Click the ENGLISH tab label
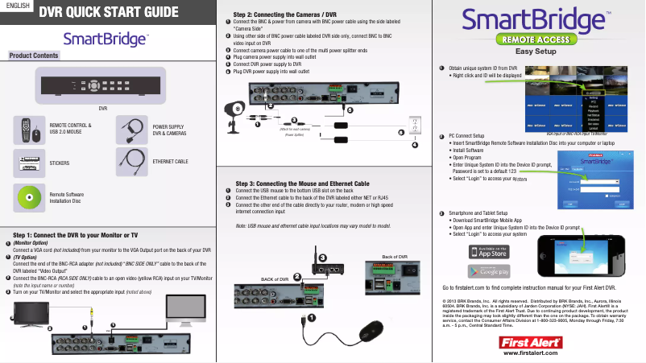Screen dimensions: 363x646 click(x=17, y=7)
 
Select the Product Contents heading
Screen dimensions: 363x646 click(x=33, y=56)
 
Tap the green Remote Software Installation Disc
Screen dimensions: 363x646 click(x=29, y=194)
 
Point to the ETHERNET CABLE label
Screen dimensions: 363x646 click(x=171, y=163)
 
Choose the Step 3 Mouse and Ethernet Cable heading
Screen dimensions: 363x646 click(x=301, y=183)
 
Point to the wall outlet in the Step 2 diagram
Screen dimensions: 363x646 click(x=415, y=126)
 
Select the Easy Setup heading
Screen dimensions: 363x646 click(x=538, y=51)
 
